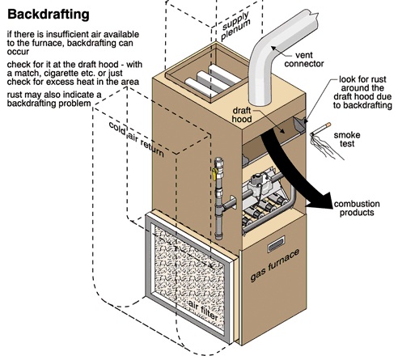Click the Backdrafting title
point(49,15)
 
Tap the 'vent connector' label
point(304,59)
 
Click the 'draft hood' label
point(242,115)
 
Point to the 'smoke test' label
point(347,139)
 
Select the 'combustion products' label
point(357,208)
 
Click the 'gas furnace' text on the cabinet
point(274,265)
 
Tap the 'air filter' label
point(203,310)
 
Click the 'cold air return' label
point(136,139)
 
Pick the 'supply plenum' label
point(235,26)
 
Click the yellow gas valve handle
point(214,174)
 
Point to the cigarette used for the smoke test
point(320,129)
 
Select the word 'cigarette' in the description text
point(83,73)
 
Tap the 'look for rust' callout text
point(362,79)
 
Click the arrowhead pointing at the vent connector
point(273,49)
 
